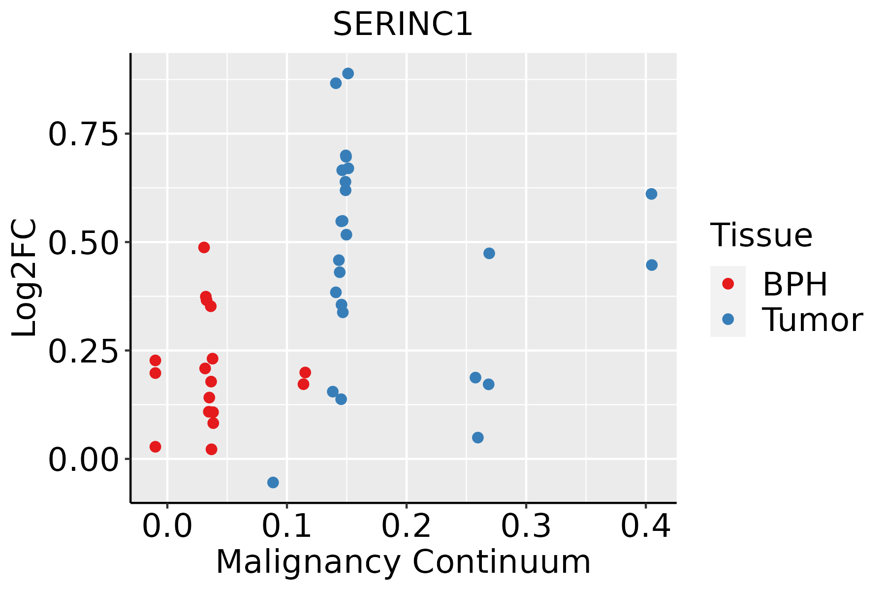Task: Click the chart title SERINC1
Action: point(403,25)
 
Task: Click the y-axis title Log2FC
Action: point(25,278)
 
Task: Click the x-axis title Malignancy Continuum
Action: point(403,562)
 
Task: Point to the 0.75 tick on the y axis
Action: point(84,134)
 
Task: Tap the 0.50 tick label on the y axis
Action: point(84,242)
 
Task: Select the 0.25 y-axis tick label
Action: point(84,351)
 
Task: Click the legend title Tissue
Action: point(761,235)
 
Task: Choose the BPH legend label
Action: point(795,284)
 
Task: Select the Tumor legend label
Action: point(812,320)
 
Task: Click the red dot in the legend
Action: point(728,284)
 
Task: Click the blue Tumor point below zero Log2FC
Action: point(273,482)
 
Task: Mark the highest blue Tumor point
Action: point(348,73)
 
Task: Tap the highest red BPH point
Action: point(204,247)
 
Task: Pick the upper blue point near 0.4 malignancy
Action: point(651,194)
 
